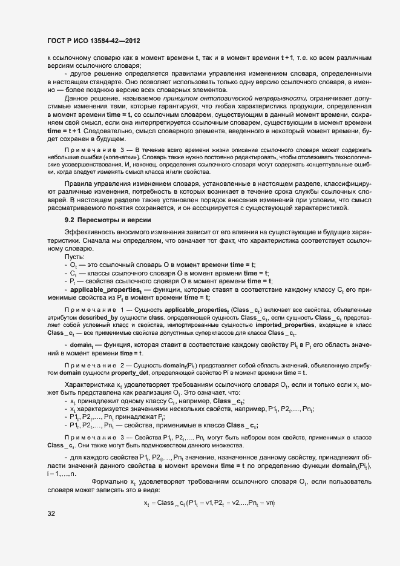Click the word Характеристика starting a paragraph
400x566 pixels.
coord(91,384)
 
